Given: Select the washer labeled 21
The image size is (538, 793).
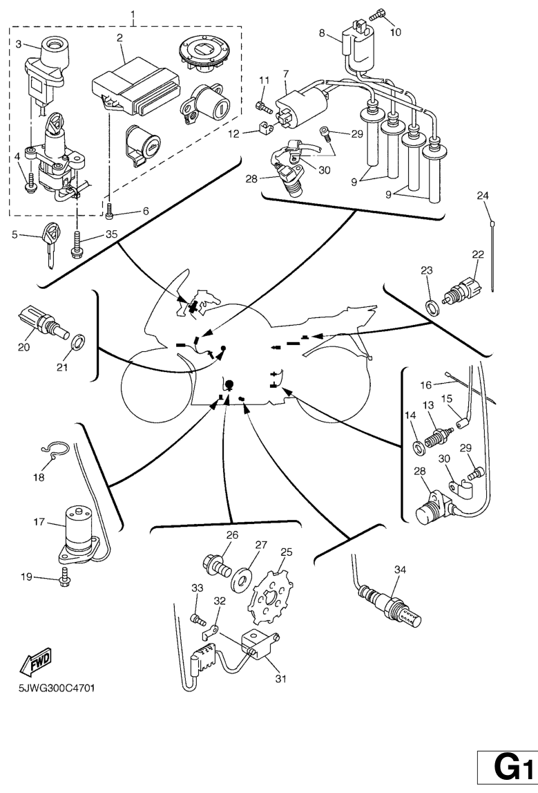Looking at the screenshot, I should [x=78, y=341].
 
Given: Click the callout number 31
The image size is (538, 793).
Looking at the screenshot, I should [x=280, y=679].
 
